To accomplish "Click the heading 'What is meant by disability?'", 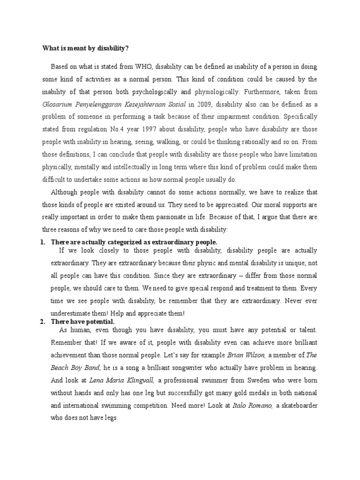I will (85, 48).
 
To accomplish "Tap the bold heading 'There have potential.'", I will (83, 322).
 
